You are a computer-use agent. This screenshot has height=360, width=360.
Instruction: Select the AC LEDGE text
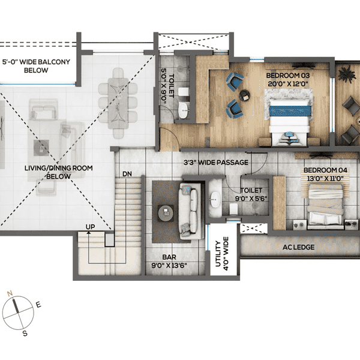click(298, 247)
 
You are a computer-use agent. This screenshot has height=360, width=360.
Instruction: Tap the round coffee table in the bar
click(164, 211)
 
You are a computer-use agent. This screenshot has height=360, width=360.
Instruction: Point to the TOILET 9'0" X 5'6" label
click(251, 194)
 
